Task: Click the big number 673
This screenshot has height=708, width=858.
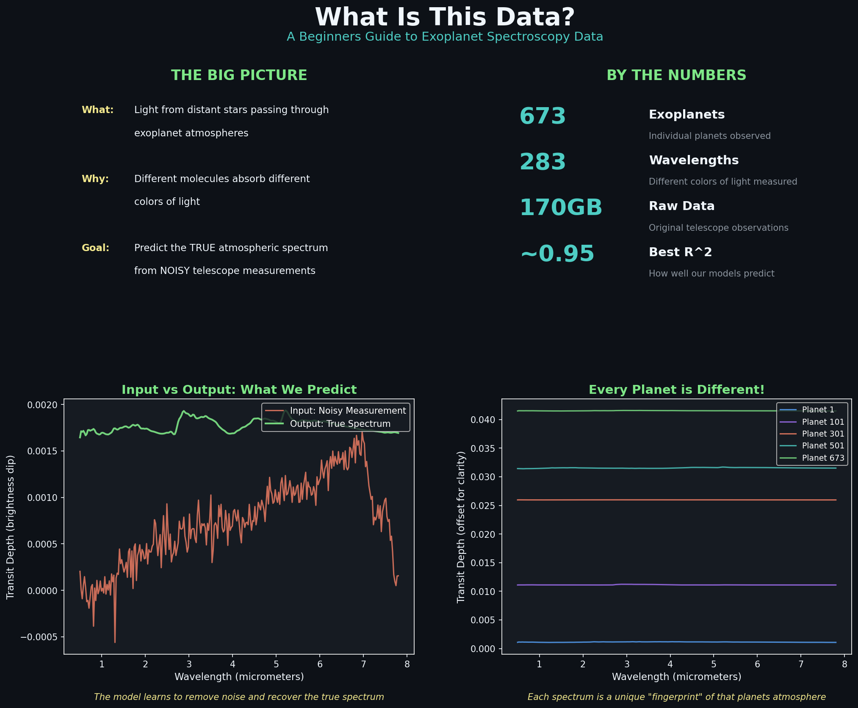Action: coord(542,116)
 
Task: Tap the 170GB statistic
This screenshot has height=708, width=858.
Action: coord(561,208)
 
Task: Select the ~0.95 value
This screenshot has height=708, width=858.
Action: coord(557,254)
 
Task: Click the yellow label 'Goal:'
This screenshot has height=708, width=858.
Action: coord(95,248)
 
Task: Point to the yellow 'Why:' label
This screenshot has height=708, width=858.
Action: coord(95,179)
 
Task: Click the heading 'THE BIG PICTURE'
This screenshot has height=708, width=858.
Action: coord(239,75)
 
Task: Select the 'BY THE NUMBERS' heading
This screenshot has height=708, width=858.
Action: coord(676,75)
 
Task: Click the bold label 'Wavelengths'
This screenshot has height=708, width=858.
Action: coord(694,160)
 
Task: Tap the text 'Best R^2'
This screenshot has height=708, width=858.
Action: coord(680,252)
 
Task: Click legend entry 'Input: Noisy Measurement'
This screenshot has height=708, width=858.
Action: coord(348,411)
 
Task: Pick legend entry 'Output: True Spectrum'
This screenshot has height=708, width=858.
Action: coord(340,424)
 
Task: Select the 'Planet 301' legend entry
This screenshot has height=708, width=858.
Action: coord(823,434)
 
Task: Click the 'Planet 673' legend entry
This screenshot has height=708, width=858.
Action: coord(823,458)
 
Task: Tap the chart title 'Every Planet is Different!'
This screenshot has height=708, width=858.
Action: coord(676,390)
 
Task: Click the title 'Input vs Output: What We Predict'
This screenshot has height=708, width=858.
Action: coord(239,390)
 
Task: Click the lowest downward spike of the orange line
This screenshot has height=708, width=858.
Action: coord(115,642)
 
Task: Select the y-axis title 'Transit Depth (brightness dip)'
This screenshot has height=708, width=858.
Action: coord(11,527)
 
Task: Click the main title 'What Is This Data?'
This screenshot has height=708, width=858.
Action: coord(445,18)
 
